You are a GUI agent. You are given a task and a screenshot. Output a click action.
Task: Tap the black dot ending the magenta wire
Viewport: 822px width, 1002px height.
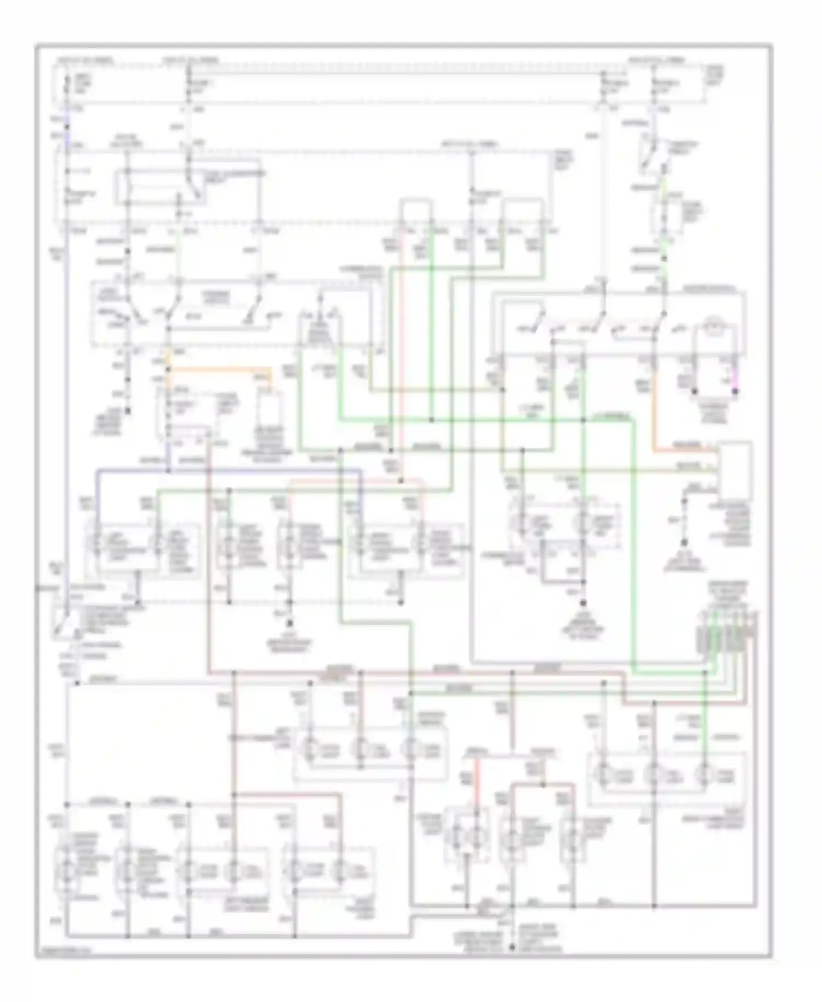point(735,391)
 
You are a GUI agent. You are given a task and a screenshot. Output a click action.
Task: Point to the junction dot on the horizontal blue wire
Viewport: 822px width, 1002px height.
point(168,470)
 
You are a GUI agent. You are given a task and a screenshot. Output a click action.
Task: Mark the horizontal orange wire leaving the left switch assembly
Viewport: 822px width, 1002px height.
point(219,368)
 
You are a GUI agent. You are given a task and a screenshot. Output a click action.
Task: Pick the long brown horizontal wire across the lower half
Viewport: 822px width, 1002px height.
point(416,672)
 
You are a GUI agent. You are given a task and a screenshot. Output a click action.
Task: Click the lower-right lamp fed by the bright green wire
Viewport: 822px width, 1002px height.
point(704,776)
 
